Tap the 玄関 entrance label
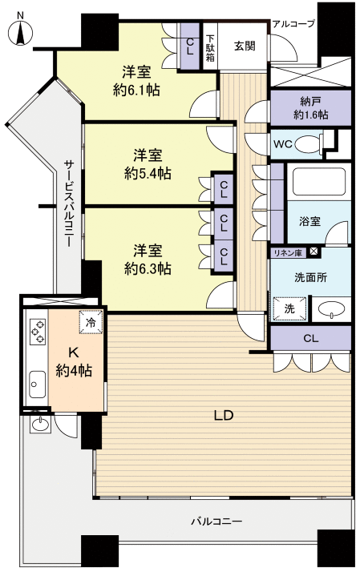click(245, 46)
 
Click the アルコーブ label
click(293, 24)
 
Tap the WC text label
click(283, 144)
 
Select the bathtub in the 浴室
click(320, 183)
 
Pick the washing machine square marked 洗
click(284, 308)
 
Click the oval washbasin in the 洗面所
click(330, 310)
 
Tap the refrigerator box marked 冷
click(90, 322)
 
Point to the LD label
click(222, 416)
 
